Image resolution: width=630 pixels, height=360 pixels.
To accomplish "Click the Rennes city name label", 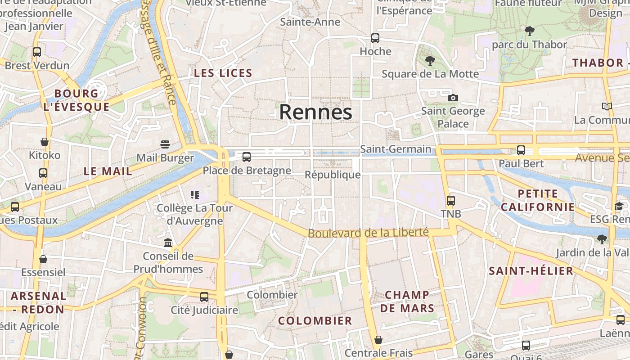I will click(x=315, y=112).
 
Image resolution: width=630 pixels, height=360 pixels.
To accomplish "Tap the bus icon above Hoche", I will click(x=375, y=38).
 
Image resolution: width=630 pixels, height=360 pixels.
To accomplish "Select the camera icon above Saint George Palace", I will click(x=453, y=98).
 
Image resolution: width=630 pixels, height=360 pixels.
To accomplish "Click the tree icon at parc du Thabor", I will click(x=529, y=31).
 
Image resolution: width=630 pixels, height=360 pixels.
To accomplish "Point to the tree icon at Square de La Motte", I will click(x=430, y=60).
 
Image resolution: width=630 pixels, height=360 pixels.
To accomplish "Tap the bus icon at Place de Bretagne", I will click(x=247, y=157).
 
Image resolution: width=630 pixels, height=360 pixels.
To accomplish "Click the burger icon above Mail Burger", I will click(x=165, y=144).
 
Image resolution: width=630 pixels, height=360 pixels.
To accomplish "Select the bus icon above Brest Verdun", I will click(x=37, y=52).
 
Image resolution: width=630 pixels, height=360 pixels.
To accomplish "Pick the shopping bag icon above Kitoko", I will click(x=45, y=142).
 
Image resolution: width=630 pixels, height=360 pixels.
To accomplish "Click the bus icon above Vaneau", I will click(x=43, y=173).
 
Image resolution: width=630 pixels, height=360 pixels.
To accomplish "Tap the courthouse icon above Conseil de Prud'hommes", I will click(x=168, y=243).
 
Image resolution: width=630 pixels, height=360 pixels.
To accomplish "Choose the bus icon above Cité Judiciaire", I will click(x=204, y=297).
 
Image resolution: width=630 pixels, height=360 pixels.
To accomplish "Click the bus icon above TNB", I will click(x=451, y=201).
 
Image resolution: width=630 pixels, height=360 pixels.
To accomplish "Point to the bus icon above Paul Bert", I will click(x=521, y=150).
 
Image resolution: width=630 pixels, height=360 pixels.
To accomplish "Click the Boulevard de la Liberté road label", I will click(x=368, y=233).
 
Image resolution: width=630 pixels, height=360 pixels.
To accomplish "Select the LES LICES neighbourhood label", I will click(x=223, y=73).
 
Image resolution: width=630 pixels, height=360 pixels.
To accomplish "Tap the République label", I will click(x=333, y=175).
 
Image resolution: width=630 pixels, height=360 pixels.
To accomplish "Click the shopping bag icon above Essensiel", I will click(x=43, y=259).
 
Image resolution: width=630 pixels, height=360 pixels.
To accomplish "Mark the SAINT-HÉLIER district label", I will click(x=531, y=271).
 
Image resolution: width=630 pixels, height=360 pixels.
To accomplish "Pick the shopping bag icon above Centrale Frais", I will click(x=378, y=340).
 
